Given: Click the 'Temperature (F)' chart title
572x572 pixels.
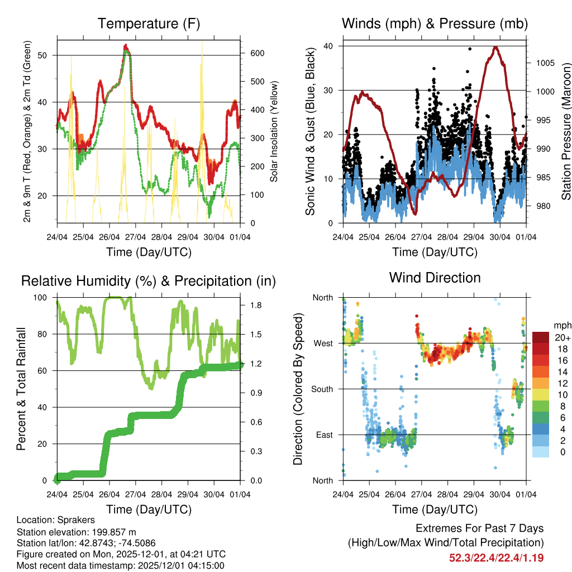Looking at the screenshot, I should pyautogui.click(x=149, y=23).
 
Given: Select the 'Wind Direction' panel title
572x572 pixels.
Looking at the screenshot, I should pyautogui.click(x=435, y=278).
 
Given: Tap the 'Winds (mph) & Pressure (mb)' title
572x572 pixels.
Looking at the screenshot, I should pyautogui.click(x=435, y=23).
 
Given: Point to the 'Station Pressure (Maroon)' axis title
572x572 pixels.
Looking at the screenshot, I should pyautogui.click(x=566, y=132).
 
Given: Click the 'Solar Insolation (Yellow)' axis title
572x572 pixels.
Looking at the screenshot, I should pyautogui.click(x=274, y=132).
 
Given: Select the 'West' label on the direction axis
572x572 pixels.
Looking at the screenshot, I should pyautogui.click(x=322, y=343).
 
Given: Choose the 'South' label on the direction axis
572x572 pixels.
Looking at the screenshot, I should pyautogui.click(x=321, y=389).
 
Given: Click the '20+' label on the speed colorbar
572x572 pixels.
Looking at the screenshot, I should pyautogui.click(x=562, y=337).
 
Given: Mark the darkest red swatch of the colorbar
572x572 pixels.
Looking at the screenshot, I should pyautogui.click(x=541, y=337).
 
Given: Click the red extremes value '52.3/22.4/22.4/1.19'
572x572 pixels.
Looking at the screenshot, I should pyautogui.click(x=496, y=557).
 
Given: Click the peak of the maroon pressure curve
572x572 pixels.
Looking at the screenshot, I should pyautogui.click(x=495, y=47).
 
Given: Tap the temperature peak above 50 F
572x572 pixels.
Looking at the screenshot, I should pyautogui.click(x=126, y=46).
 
